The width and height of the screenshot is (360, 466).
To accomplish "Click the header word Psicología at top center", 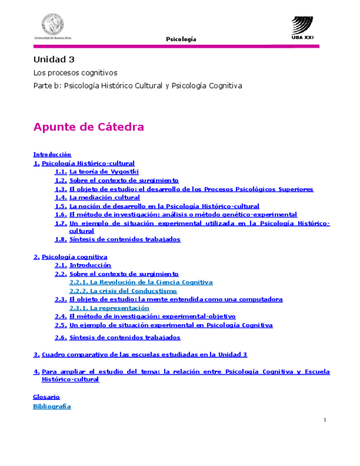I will [181, 39].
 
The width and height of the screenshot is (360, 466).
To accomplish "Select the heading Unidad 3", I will [53, 59].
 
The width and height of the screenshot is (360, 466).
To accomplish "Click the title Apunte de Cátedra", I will [88, 127].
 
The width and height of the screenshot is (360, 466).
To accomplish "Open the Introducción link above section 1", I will [52, 154].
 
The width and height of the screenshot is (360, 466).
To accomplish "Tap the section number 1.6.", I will [60, 214].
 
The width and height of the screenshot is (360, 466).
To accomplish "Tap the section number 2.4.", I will [60, 316].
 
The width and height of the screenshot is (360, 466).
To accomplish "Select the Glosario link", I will [46, 396].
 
